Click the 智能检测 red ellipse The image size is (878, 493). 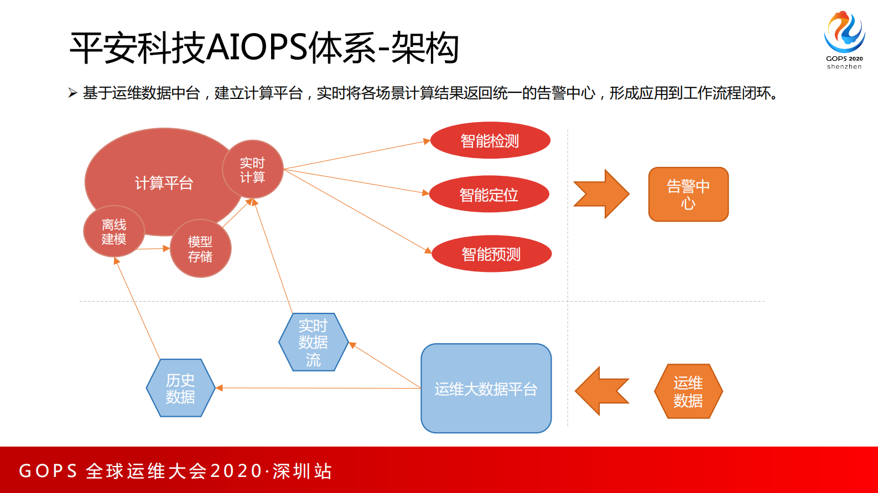[490, 140]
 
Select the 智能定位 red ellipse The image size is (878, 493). [489, 194]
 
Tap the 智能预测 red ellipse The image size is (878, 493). [491, 254]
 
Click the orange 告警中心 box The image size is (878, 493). [688, 194]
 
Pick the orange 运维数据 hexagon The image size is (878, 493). [688, 391]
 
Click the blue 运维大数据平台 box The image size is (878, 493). [486, 389]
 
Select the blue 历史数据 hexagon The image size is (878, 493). [180, 388]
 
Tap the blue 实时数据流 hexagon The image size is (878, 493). [313, 342]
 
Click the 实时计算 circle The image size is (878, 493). [252, 170]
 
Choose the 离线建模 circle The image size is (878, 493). [114, 232]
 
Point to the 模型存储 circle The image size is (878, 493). [200, 249]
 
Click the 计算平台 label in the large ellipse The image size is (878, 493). [164, 182]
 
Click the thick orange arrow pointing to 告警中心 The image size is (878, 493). [601, 194]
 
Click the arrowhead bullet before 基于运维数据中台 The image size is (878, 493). [72, 93]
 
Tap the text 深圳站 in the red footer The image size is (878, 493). [302, 471]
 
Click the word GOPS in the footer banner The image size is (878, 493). [48, 471]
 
